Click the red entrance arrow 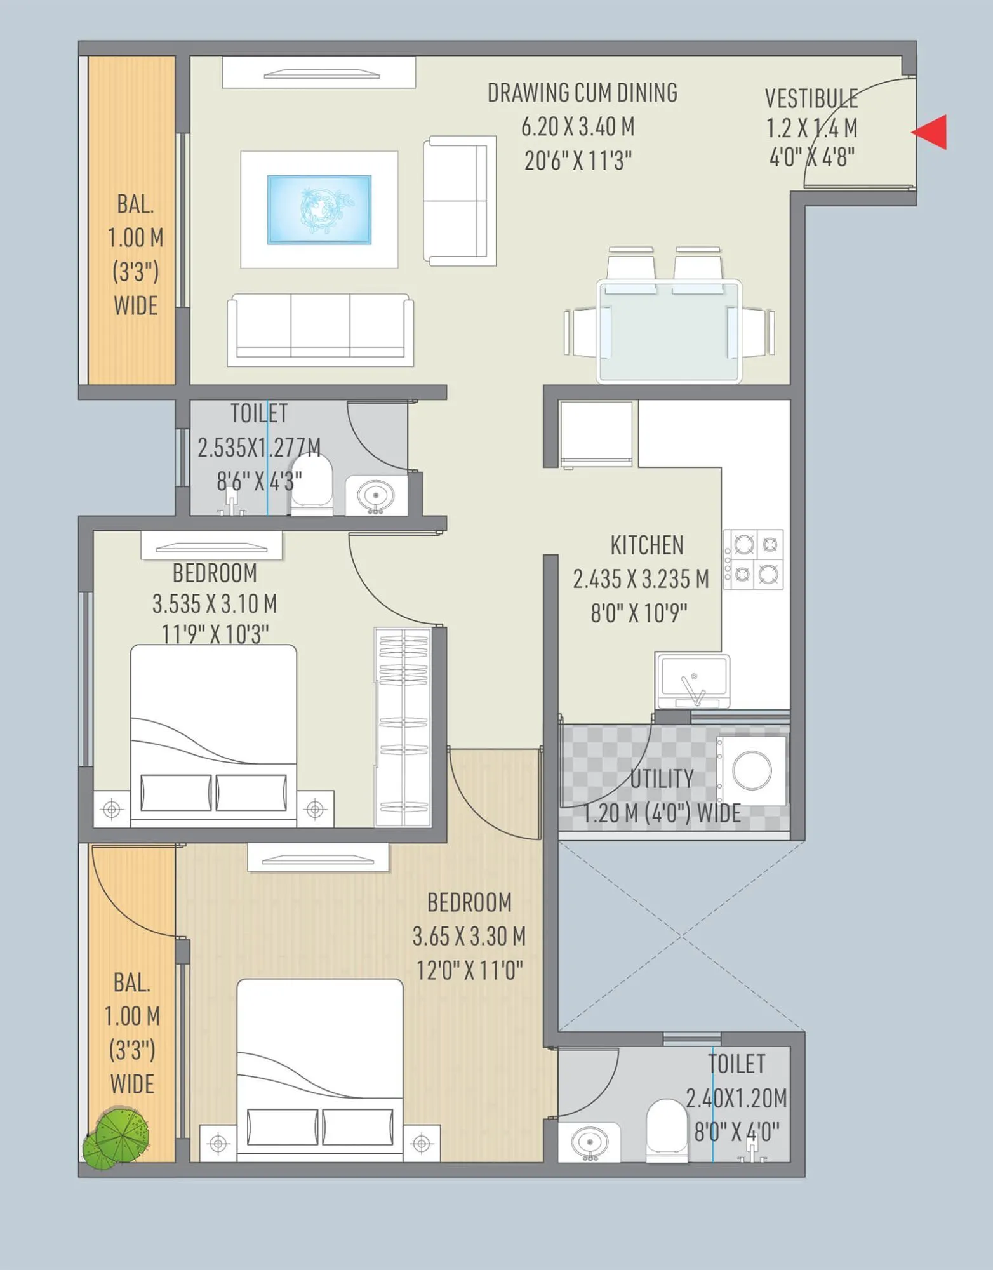(x=931, y=132)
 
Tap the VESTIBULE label (x=811, y=98)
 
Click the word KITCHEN (x=646, y=545)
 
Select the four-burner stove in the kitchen (x=754, y=559)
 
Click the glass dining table (x=669, y=331)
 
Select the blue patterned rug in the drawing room (x=319, y=210)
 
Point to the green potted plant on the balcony (x=117, y=1138)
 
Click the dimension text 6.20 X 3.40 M (x=577, y=127)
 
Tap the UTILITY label (x=662, y=779)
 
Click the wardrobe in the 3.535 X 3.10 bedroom (x=403, y=727)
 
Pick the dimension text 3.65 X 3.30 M (x=469, y=936)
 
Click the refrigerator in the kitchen (x=596, y=433)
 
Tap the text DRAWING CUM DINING (x=582, y=93)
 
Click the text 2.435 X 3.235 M (x=640, y=579)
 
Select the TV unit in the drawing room (x=319, y=72)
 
